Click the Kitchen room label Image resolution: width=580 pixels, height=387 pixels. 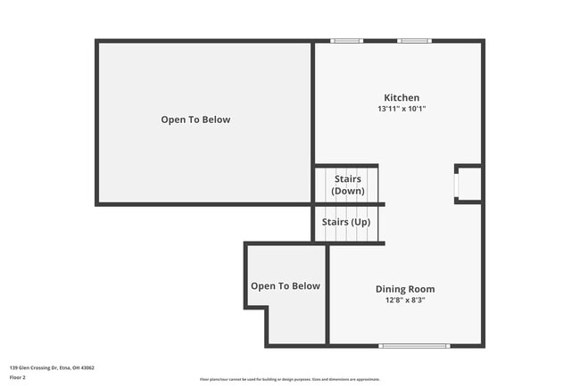[x=402, y=98]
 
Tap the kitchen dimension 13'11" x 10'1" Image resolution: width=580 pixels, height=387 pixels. [x=402, y=109]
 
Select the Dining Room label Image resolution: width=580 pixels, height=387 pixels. [x=404, y=289]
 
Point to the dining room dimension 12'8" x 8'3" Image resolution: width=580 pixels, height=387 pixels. [x=404, y=301]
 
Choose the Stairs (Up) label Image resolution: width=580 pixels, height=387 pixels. [x=347, y=221]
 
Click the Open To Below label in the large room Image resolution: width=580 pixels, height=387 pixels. [x=195, y=119]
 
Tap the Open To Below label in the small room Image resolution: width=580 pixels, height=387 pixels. [x=285, y=286]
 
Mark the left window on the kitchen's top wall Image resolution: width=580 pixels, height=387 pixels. [x=346, y=41]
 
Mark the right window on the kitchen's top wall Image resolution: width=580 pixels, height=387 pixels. [x=414, y=41]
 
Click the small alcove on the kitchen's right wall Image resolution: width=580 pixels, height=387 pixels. [x=469, y=184]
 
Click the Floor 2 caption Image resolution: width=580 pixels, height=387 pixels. [x=18, y=378]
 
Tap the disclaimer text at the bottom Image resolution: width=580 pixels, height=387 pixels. [x=289, y=379]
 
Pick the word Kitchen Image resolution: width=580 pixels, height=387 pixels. [x=402, y=98]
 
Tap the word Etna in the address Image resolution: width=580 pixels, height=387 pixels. [x=64, y=367]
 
